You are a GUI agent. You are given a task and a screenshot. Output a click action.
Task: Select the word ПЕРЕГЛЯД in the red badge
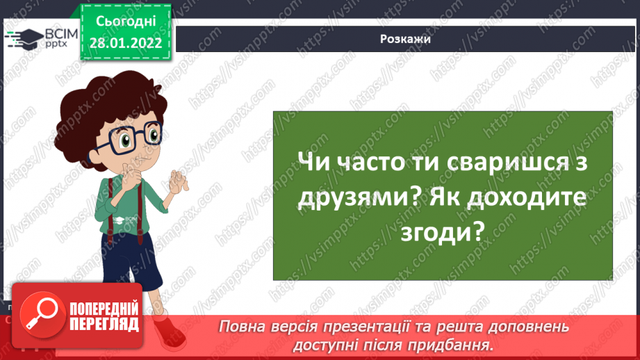[x=104, y=323]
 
